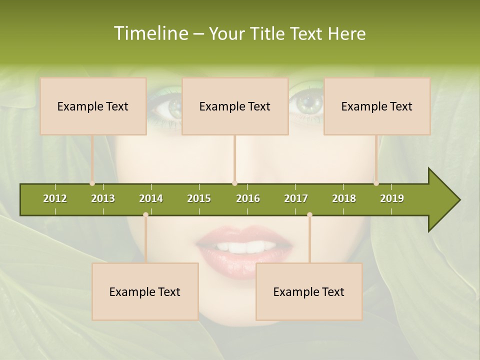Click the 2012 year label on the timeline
55,198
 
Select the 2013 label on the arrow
103,198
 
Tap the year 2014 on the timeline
151,198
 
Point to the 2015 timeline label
199,198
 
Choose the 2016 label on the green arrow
248,198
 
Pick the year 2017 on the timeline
296,198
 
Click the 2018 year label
344,198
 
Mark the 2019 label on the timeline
392,198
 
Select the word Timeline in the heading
150,33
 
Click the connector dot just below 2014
145,215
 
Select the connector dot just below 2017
309,215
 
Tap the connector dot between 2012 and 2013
92,183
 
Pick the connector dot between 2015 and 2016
234,183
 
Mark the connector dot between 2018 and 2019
376,183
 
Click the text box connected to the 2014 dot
145,291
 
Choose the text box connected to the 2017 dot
309,291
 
